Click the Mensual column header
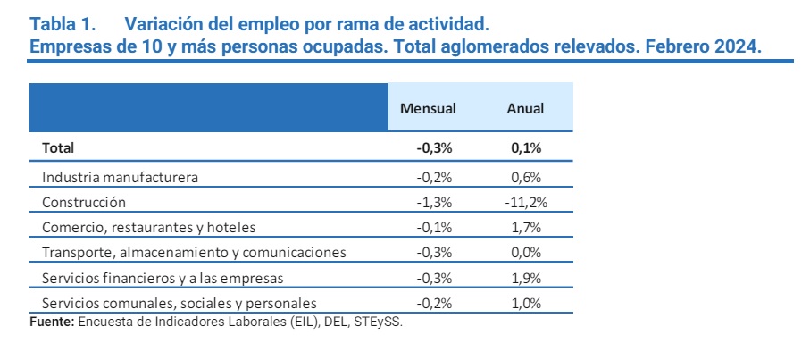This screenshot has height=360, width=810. [x=428, y=108]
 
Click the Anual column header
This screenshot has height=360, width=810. [x=526, y=108]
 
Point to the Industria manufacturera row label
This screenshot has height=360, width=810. [x=120, y=177]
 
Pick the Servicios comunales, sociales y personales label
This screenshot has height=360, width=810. [x=179, y=303]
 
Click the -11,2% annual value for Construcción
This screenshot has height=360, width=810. [x=526, y=202]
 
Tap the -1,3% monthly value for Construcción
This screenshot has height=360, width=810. [x=433, y=202]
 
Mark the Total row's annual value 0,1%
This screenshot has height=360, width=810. [x=527, y=148]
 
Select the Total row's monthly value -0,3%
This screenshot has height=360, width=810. [x=433, y=148]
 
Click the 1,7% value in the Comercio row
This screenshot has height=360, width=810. [x=527, y=227]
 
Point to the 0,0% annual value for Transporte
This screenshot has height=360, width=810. [x=527, y=253]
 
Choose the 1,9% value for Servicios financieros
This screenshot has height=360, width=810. [x=527, y=278]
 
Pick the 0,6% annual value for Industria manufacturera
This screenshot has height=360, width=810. [x=527, y=177]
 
